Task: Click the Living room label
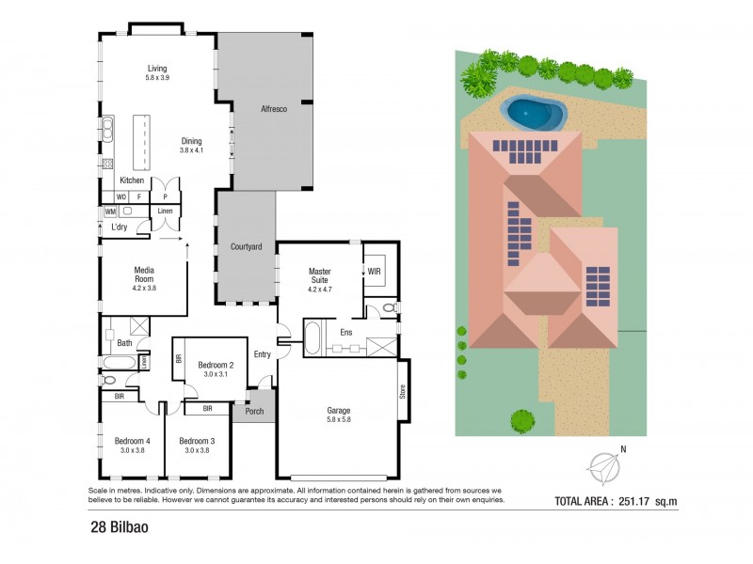(156, 68)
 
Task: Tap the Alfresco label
(273, 110)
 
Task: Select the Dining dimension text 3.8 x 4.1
(192, 150)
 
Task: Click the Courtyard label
(246, 246)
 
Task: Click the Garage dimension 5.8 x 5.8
(338, 420)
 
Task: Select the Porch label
(253, 410)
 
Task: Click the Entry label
(262, 353)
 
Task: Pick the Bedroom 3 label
(197, 441)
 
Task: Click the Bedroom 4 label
(132, 441)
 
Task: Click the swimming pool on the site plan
(535, 114)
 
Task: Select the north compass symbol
(603, 463)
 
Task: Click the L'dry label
(120, 227)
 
